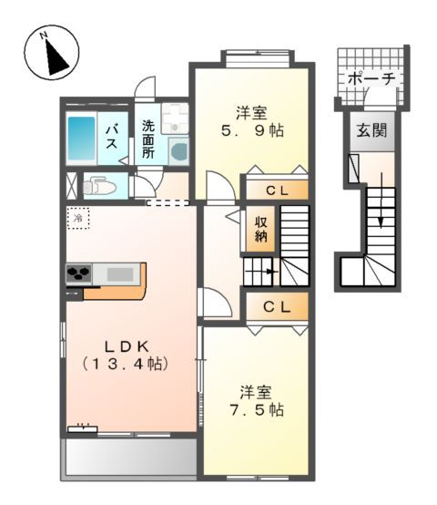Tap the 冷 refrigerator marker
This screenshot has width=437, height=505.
(x=78, y=219)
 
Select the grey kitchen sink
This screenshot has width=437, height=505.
(x=119, y=273)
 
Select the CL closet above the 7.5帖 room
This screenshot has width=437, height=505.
(x=277, y=307)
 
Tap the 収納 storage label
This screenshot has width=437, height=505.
(x=260, y=230)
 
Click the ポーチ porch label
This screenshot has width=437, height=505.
(x=371, y=79)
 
